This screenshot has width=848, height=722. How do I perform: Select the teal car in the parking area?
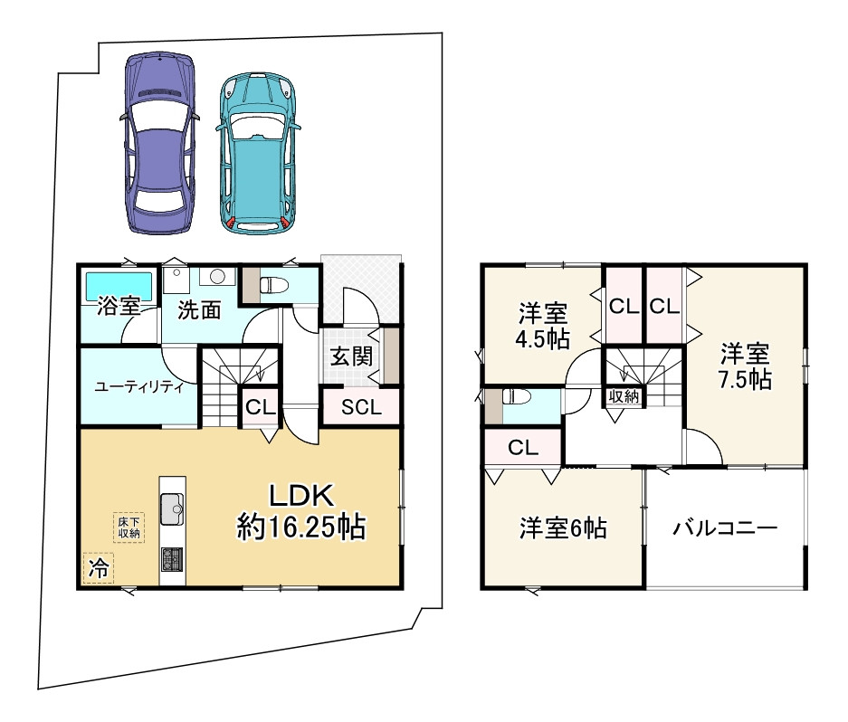pos(259,153)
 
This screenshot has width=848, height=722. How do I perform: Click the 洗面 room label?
pos(199,310)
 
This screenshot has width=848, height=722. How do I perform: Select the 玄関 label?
pos(350,356)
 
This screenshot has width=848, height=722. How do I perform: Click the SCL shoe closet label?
pos(361,407)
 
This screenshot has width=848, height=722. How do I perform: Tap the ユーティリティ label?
pos(139,387)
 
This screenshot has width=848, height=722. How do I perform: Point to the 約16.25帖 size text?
pos(301,526)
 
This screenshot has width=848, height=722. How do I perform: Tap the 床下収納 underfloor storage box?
pos(128,527)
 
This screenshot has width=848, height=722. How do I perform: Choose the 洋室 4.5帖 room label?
pos(543,327)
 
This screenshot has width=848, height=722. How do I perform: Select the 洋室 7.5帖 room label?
pos(745,366)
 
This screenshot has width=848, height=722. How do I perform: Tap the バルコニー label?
pos(724,528)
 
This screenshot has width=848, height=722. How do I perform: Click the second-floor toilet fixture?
pos(514,397)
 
